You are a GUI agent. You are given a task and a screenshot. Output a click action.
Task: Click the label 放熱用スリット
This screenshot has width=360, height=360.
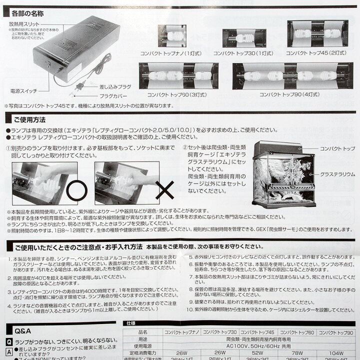[x=24, y=23]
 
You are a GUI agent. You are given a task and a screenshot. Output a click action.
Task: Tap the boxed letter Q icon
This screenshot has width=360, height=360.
[x=9, y=342]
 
